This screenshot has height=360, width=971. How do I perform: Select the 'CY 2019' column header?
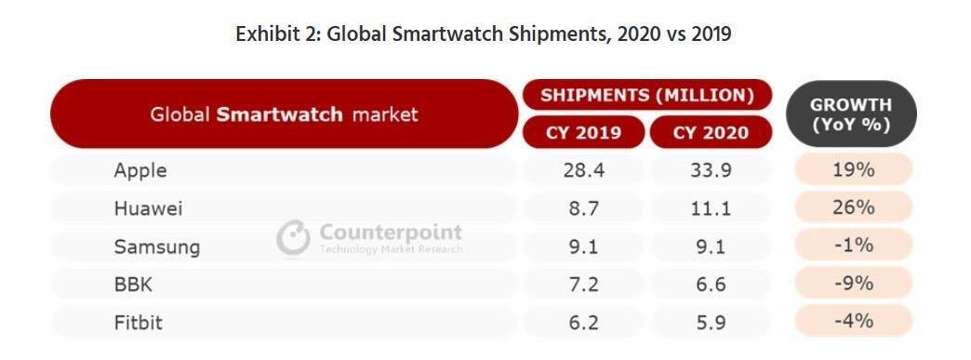pyautogui.click(x=583, y=133)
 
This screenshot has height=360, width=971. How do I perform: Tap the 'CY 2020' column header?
pyautogui.click(x=711, y=133)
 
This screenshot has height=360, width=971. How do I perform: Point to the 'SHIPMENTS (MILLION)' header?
pyautogui.click(x=647, y=96)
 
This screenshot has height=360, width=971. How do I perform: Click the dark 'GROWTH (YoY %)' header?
pyautogui.click(x=851, y=114)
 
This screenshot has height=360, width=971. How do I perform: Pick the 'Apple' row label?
pyautogui.click(x=140, y=170)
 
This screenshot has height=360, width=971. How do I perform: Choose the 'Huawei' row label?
pyautogui.click(x=148, y=208)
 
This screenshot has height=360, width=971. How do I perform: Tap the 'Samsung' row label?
pyautogui.click(x=156, y=247)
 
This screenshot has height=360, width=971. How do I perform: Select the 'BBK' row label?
pyautogui.click(x=132, y=285)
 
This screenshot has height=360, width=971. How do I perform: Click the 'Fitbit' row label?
pyautogui.click(x=139, y=323)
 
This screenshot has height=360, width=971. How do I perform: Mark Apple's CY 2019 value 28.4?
pyautogui.click(x=583, y=170)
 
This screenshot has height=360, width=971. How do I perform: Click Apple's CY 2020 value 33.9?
pyautogui.click(x=711, y=170)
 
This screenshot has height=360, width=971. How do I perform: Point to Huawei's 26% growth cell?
pyautogui.click(x=853, y=207)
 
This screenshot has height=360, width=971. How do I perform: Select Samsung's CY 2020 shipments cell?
pyautogui.click(x=711, y=247)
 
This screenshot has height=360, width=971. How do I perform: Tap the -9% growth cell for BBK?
pyautogui.click(x=853, y=283)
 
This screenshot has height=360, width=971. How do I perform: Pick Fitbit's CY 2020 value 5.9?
pyautogui.click(x=711, y=323)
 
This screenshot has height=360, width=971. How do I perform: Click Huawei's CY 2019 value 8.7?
pyautogui.click(x=583, y=208)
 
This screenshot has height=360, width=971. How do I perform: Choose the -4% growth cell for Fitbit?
pyautogui.click(x=853, y=321)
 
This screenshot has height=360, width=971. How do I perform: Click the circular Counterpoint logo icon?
pyautogui.click(x=293, y=238)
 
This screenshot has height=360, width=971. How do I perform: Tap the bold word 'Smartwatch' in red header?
pyautogui.click(x=279, y=114)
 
